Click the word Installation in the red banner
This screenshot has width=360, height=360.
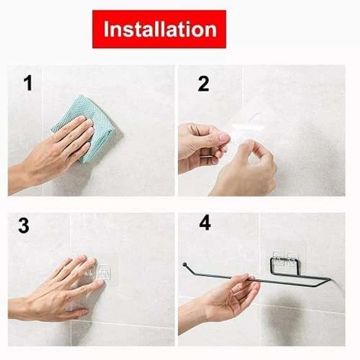click(x=160, y=29)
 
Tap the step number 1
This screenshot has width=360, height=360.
click(x=28, y=83)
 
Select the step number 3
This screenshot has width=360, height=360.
click(x=24, y=226)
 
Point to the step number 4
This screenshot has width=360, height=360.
click(x=205, y=223)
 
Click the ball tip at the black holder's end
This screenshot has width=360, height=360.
click(x=184, y=265)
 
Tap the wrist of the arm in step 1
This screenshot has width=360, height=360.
click(x=28, y=176)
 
